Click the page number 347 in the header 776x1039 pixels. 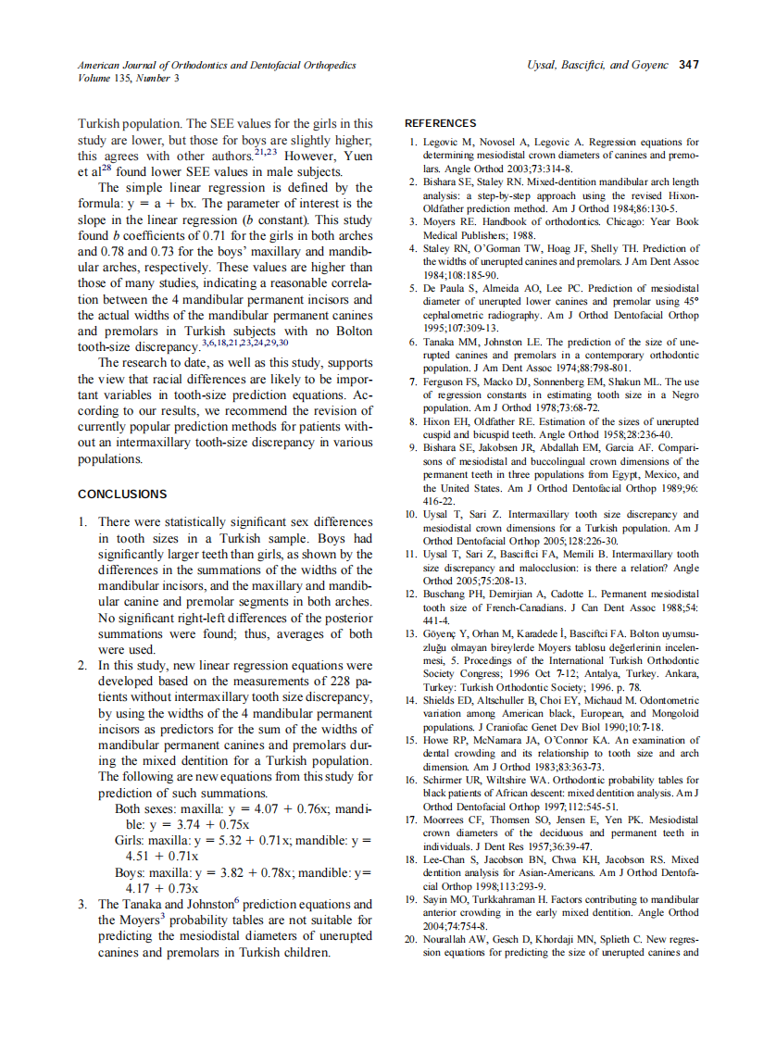(688, 65)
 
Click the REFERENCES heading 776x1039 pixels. (441, 123)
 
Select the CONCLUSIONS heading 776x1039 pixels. (122, 494)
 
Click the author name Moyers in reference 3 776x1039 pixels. (443, 222)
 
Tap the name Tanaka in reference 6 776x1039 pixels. (443, 342)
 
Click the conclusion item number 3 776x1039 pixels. (83, 905)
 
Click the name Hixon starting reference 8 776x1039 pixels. (440, 421)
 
